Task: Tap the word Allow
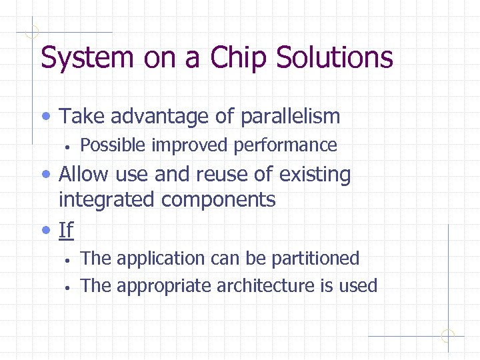85,175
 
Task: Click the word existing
315,175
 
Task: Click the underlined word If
66,230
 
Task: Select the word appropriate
160,286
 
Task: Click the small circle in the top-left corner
31,31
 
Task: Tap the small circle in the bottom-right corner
448,336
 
